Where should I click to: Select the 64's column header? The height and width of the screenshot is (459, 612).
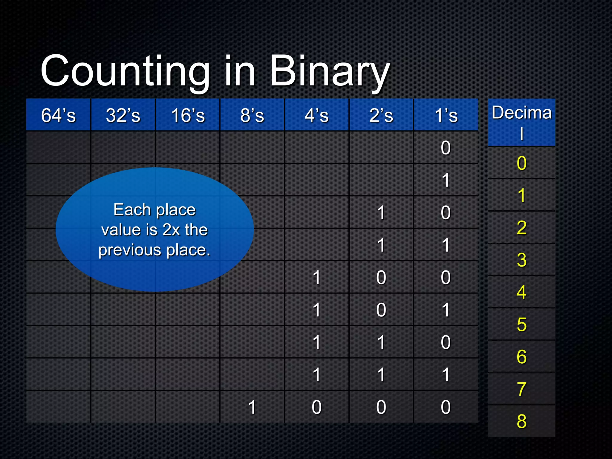point(59,115)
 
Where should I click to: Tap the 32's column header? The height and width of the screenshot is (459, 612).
point(123,115)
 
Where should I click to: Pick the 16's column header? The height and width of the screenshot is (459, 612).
point(188,115)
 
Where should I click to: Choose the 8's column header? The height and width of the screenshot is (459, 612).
point(252,115)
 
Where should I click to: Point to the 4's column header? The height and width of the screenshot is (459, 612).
point(317,115)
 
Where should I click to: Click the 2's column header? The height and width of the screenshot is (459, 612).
point(381,115)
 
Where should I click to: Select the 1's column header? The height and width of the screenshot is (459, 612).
point(446,115)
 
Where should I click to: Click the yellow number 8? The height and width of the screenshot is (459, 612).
point(522,421)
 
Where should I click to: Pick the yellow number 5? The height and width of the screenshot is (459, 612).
point(522,325)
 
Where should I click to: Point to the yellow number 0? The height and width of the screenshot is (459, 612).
point(522,163)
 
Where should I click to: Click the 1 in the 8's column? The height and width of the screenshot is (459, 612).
point(252,407)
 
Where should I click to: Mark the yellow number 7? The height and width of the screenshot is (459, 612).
point(522,389)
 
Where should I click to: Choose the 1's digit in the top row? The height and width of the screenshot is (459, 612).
point(446,148)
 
